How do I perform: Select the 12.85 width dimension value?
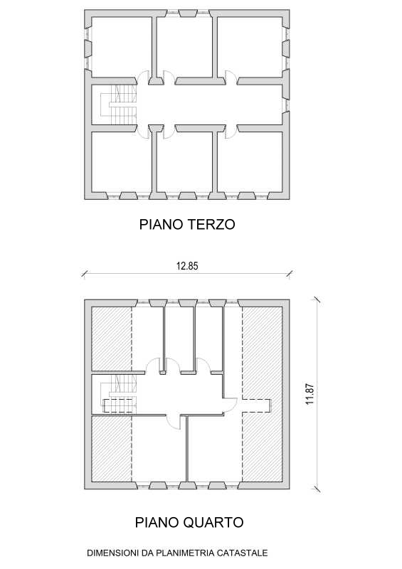click(187, 266)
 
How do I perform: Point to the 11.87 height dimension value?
click(310, 394)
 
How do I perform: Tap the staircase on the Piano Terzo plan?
click(119, 105)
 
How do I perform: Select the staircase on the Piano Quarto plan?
click(119, 395)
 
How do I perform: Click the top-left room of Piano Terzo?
click(121, 47)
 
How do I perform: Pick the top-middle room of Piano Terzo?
click(184, 47)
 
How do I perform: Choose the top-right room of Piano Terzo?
click(250, 47)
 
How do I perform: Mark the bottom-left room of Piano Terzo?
click(121, 161)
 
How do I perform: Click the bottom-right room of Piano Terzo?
click(250, 161)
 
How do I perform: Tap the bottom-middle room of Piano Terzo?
click(184, 161)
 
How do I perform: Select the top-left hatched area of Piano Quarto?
click(112, 339)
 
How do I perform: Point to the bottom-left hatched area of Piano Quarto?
click(112, 449)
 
